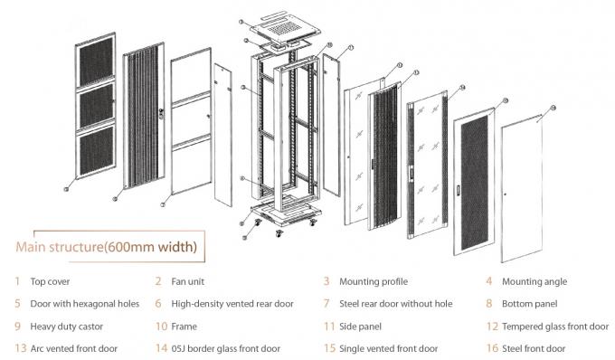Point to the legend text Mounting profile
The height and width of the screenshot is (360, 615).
click(x=373, y=281)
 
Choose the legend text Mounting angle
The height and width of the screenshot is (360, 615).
click(x=535, y=281)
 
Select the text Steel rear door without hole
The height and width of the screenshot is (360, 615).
click(x=395, y=304)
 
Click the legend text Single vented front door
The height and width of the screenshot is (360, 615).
click(x=388, y=348)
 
